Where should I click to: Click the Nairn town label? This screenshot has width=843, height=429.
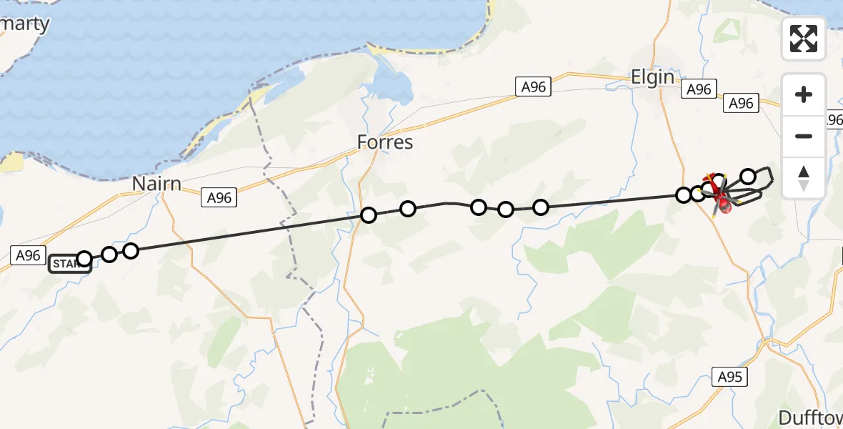pos(156,184)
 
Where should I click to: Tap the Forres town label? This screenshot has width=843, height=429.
pos(386,142)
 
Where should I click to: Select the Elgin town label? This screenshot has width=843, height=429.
pos(652,77)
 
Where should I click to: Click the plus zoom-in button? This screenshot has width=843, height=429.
pos(804,95)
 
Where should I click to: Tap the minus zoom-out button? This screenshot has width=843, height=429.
pos(804,136)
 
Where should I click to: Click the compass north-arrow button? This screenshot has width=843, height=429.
pos(804,177)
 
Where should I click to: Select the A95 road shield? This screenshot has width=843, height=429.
pos(729,376)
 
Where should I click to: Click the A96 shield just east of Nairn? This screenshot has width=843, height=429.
pos(219,197)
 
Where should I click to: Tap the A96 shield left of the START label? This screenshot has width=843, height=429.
pos(28,255)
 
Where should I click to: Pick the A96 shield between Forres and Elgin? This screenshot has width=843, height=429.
pos(533,87)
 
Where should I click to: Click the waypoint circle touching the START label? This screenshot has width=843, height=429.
pos(84,259)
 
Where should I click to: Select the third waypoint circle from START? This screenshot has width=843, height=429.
pos(130,250)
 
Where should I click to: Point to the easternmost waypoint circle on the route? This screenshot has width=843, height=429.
pos(748,176)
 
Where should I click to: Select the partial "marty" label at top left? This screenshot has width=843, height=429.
pos(25,24)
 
